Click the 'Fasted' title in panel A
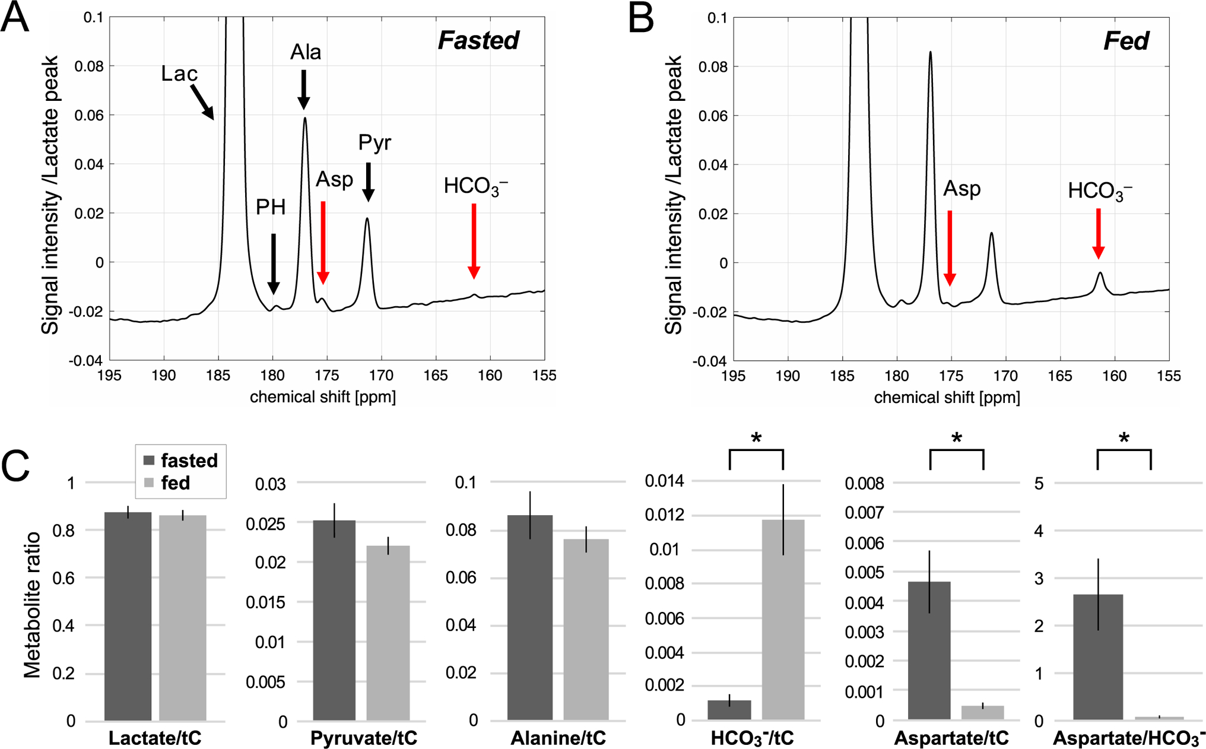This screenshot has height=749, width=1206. tap(478, 40)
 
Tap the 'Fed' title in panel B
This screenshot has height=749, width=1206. tap(1126, 40)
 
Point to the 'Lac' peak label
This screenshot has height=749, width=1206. tap(179, 74)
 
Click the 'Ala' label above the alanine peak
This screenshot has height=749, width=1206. tap(306, 52)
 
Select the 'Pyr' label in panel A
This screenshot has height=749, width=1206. tap(375, 142)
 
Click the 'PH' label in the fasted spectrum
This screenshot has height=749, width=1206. tap(271, 207)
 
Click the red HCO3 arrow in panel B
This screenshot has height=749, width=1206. tap(1099, 233)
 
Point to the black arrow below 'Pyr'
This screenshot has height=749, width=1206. tap(368, 182)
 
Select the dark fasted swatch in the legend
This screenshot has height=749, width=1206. tap(149, 461)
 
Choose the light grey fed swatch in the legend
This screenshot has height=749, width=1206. tap(149, 483)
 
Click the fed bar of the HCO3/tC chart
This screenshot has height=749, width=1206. tap(783, 620)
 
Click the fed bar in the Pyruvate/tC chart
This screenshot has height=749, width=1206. tap(388, 633)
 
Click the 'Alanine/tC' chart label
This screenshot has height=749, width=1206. tap(558, 738)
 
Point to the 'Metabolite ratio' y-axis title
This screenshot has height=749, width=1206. tap(33, 604)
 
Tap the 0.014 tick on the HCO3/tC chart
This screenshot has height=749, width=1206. tap(665, 481)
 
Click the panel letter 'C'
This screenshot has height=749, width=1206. tap(15, 468)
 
